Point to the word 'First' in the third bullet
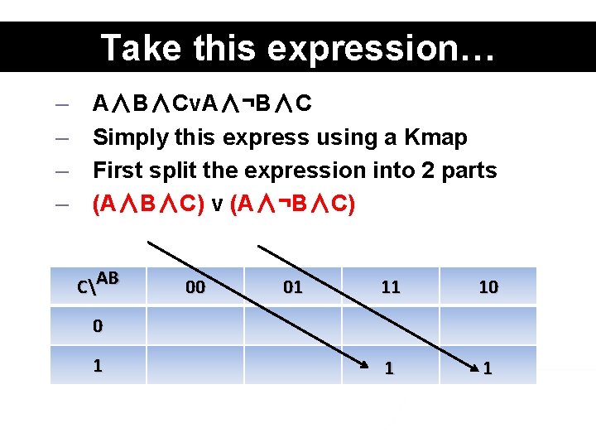[x=117, y=171]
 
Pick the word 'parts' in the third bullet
[x=469, y=171]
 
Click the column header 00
[x=196, y=287]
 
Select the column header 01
[x=293, y=287]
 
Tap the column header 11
[x=391, y=287]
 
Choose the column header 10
[x=488, y=287]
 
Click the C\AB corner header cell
[x=98, y=284]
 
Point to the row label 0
[x=98, y=326]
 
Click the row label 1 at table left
[x=98, y=364]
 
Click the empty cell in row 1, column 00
[x=196, y=365]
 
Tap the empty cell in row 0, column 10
[x=488, y=326]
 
